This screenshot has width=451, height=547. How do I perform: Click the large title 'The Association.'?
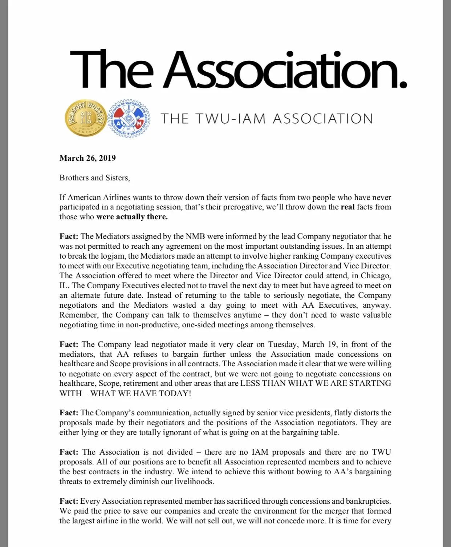(238, 69)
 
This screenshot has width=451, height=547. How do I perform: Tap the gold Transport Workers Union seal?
(86, 119)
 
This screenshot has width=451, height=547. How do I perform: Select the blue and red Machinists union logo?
(130, 119)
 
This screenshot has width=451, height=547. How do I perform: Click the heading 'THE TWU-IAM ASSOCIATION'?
(267, 119)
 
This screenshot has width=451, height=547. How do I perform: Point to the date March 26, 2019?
(88, 158)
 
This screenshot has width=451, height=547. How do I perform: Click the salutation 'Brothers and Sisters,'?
(94, 178)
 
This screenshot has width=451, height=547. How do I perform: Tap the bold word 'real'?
(348, 207)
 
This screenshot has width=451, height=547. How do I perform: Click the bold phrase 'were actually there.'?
(132, 217)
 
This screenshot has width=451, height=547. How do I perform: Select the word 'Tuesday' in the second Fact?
(283, 344)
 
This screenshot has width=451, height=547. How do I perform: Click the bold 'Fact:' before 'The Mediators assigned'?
(69, 236)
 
